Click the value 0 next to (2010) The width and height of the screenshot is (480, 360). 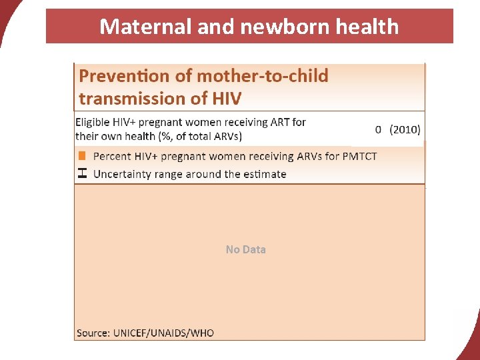[378, 129]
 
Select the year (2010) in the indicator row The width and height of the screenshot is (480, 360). [405, 129]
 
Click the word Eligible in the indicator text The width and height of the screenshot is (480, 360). [95, 122]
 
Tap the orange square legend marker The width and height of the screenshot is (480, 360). [82, 156]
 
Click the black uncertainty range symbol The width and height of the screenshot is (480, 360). [82, 173]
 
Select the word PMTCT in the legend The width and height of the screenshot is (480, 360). [359, 156]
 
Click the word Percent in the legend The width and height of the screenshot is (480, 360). [113, 156]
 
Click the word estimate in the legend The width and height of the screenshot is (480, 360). [264, 174]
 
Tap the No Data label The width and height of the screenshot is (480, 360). [245, 249]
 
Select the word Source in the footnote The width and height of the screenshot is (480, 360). [93, 332]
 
